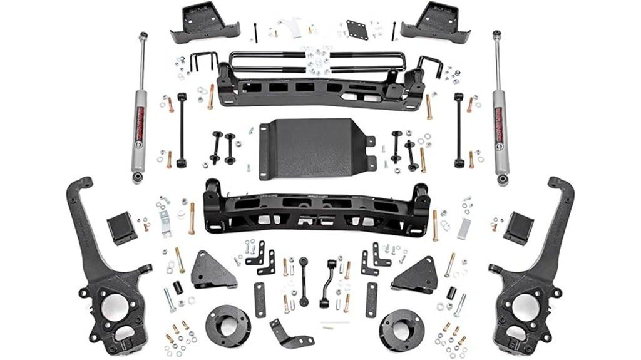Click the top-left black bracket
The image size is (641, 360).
pyautogui.click(x=201, y=21)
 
